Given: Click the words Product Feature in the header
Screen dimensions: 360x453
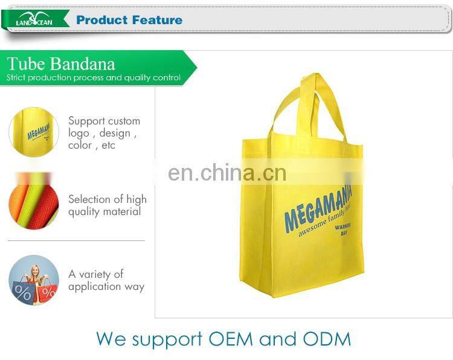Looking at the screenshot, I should click(129, 20).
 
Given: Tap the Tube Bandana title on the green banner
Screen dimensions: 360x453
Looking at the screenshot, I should click(60, 64).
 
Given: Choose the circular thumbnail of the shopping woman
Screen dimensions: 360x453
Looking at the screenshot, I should click(34, 280).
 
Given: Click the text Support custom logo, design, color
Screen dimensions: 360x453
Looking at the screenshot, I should click(104, 133).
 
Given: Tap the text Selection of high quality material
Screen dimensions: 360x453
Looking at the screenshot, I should click(107, 205).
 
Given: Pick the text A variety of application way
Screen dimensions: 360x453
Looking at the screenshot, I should click(106, 280).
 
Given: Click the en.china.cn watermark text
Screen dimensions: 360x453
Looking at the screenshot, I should click(227, 173).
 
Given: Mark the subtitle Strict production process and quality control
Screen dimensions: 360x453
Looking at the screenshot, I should click(94, 77).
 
